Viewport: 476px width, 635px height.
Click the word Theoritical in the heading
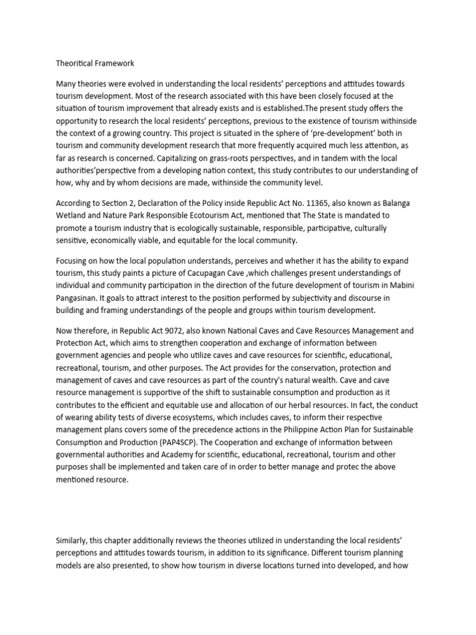tap(75, 63)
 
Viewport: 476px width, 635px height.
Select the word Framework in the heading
tap(115, 63)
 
